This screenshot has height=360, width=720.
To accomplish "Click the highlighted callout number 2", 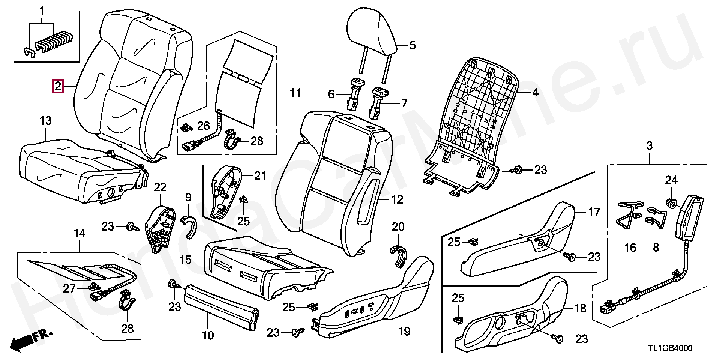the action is coord(58,87).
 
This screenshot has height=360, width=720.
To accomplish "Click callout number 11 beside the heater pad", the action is coord(295,92).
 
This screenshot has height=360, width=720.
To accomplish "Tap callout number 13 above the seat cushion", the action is coord(45,121).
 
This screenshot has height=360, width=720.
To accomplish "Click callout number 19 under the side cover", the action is coord(405,331).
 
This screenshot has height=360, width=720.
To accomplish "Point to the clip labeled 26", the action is coord(186,128).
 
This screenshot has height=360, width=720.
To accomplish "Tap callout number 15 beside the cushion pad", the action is coord(186,259).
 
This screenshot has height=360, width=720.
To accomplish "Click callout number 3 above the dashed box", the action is coord(649,146).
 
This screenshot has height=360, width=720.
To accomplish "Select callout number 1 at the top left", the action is coord(42,11).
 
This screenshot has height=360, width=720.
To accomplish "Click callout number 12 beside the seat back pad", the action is coord(397,199).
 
